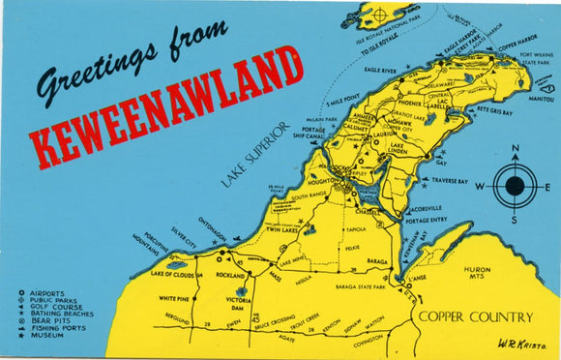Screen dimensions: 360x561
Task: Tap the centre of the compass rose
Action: tap(515, 186)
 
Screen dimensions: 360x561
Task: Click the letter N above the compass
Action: tap(516, 150)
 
